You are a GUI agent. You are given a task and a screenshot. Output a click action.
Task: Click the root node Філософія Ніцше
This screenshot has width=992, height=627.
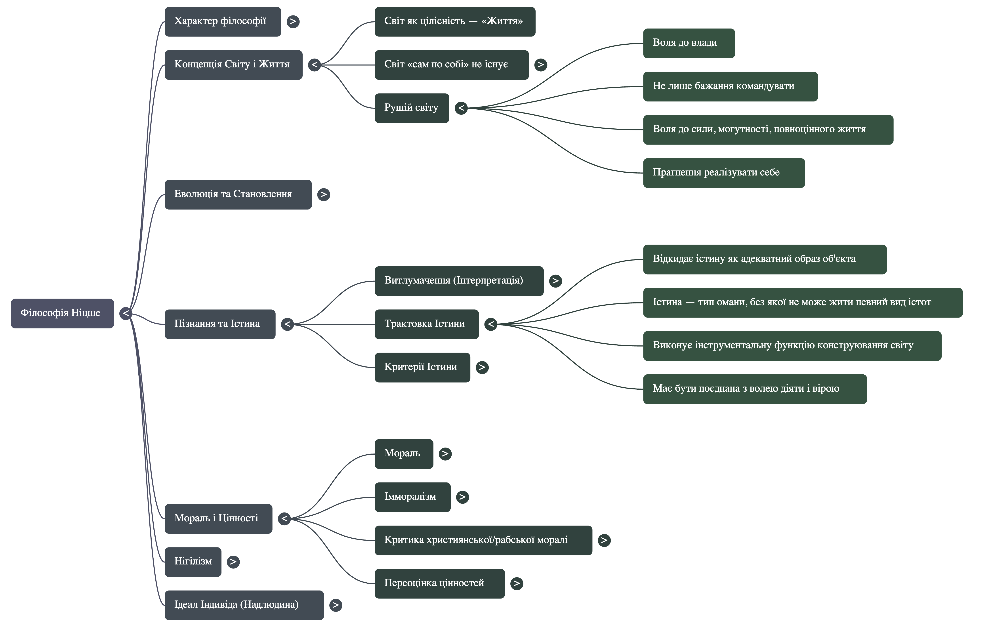(x=62, y=313)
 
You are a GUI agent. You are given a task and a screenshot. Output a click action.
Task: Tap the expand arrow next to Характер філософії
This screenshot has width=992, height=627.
(x=293, y=21)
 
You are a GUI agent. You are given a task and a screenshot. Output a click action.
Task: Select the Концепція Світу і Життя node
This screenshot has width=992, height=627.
(x=233, y=65)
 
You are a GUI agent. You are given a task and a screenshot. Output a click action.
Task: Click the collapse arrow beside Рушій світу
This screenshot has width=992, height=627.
(x=461, y=108)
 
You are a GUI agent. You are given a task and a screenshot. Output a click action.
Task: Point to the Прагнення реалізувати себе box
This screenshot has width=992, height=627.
(x=723, y=173)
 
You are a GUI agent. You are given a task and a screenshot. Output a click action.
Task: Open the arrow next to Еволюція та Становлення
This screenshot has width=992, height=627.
(x=323, y=194)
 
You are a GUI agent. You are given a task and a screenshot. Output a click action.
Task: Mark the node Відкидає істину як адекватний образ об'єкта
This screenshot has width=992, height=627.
(x=764, y=259)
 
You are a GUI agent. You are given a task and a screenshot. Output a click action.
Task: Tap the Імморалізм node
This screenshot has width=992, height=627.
(x=412, y=497)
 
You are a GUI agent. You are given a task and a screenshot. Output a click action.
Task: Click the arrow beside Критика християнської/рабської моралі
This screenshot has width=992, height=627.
(x=604, y=540)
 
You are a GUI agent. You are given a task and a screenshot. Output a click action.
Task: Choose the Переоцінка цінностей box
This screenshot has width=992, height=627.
(x=439, y=583)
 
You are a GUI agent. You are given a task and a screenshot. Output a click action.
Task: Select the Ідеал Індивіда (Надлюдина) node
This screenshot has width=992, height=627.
(x=244, y=605)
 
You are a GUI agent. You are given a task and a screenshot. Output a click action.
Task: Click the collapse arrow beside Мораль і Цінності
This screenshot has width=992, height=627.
(x=284, y=519)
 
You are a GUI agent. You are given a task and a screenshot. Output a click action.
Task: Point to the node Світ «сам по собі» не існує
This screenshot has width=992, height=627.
(x=451, y=65)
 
